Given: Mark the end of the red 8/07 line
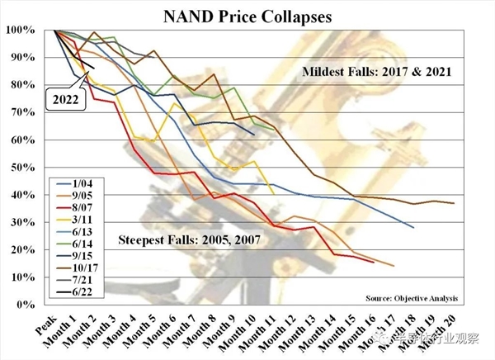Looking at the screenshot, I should (x=373, y=262).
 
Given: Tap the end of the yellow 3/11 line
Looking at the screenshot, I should (x=273, y=194).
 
